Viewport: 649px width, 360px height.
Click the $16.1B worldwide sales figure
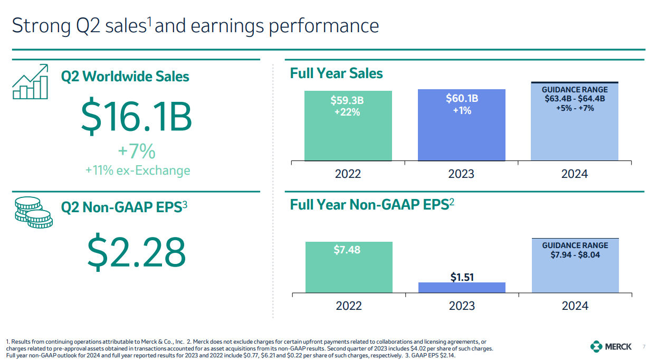(x=136, y=118)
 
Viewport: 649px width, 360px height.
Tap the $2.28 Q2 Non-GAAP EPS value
(x=136, y=252)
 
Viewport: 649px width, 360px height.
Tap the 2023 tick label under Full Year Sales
(x=461, y=174)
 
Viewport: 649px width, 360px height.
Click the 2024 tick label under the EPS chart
(x=575, y=306)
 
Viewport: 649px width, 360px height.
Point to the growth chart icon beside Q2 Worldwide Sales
(x=31, y=81)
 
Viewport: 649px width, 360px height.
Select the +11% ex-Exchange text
(x=137, y=170)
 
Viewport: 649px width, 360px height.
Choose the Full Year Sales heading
(x=336, y=73)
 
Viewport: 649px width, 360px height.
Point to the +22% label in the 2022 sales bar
(x=347, y=111)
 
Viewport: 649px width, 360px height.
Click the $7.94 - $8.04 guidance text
(x=575, y=255)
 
